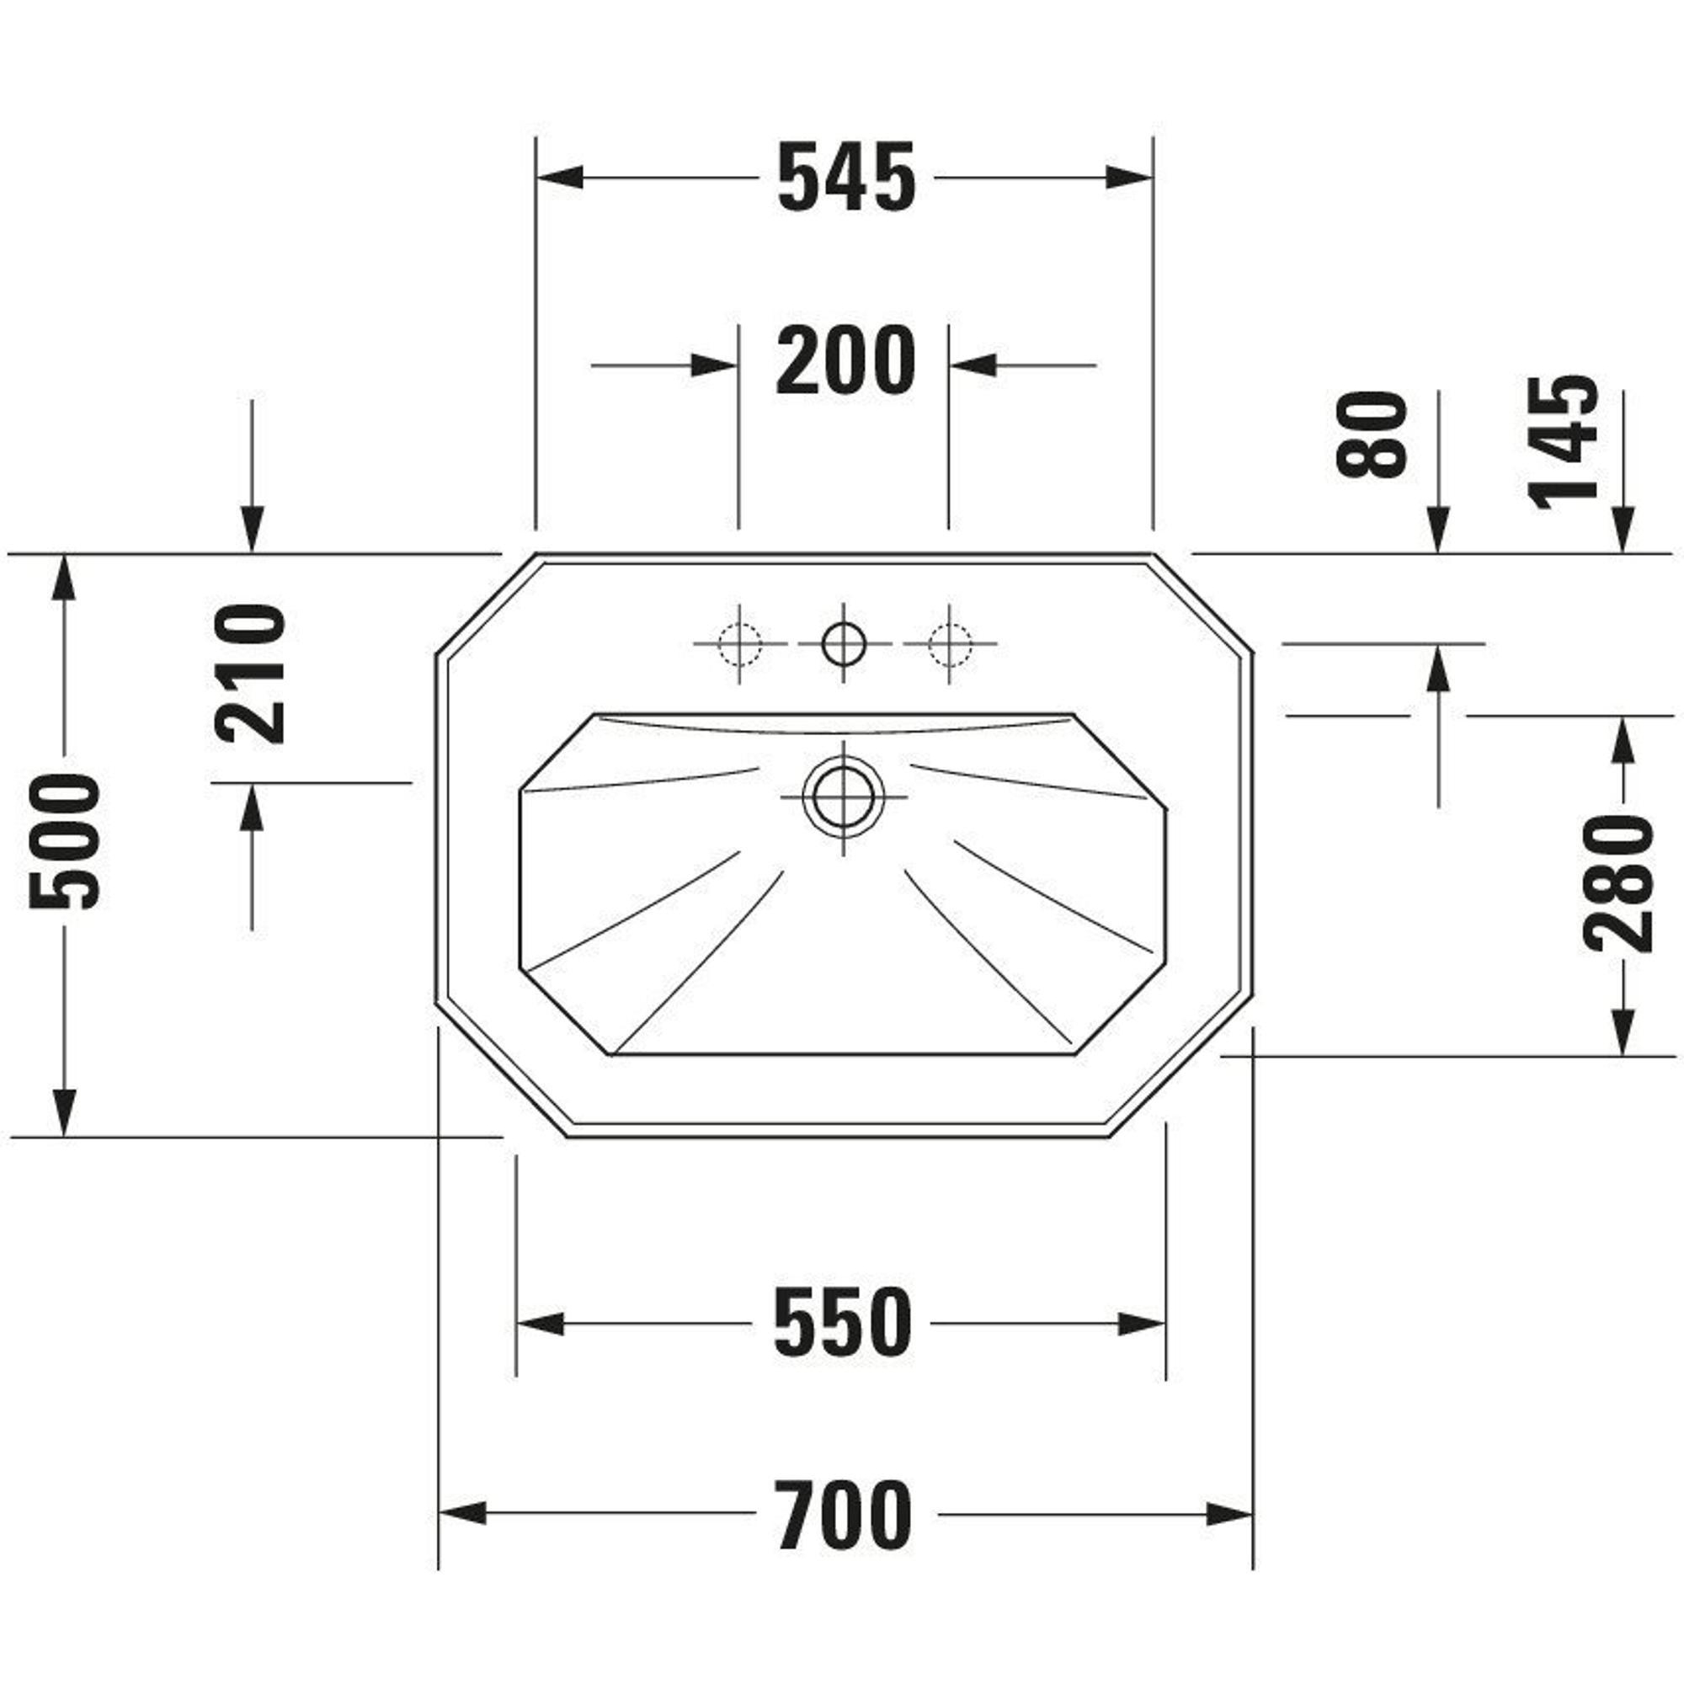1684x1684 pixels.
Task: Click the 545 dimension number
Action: coord(846,178)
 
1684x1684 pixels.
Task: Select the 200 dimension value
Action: coord(846,360)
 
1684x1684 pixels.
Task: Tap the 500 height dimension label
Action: coord(66,842)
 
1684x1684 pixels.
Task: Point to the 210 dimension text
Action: coord(250,673)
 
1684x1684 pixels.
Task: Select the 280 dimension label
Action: coord(1618,884)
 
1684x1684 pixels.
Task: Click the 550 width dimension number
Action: coord(843,1323)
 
